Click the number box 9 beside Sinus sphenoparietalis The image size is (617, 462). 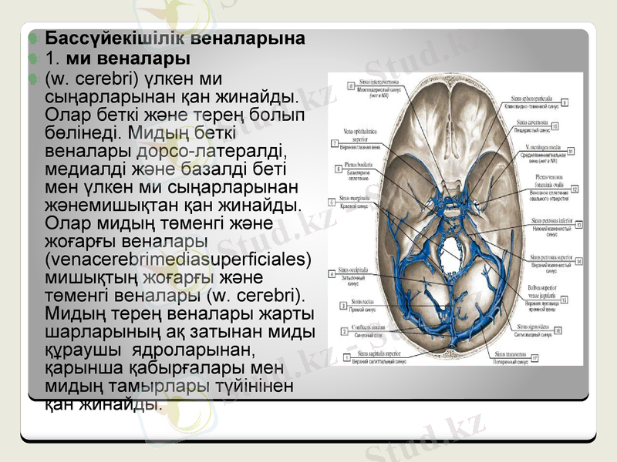(565, 102)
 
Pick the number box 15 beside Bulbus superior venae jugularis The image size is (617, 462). (564, 300)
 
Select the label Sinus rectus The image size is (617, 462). (362, 302)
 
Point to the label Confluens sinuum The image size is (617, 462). (363, 327)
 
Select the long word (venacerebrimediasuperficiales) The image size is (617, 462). (179, 258)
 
